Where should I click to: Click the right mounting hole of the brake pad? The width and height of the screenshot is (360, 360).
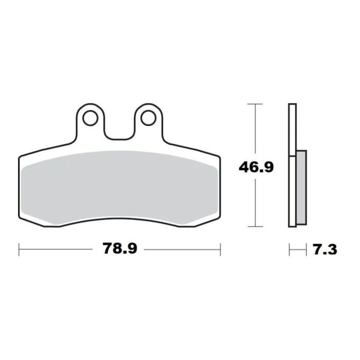click(148, 117)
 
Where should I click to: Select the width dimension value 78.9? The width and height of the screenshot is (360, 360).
click(119, 249)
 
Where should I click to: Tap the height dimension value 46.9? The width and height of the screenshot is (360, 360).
click(256, 167)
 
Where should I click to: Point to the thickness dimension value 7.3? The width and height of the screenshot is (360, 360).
click(325, 250)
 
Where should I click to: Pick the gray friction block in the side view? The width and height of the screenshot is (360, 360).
click(301, 188)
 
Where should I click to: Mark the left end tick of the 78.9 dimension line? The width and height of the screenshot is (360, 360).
click(19, 249)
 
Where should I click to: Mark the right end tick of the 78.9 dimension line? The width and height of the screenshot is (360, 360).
click(220, 249)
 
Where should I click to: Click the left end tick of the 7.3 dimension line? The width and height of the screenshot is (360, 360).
click(290, 250)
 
